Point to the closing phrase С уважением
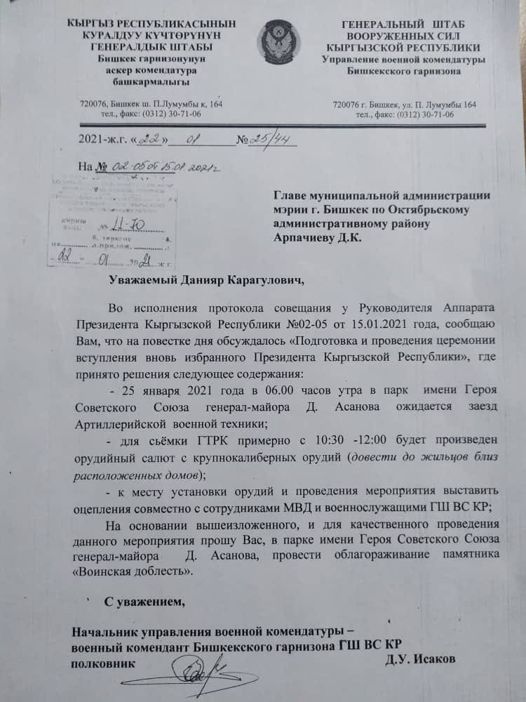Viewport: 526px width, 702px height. pyautogui.click(x=145, y=602)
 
